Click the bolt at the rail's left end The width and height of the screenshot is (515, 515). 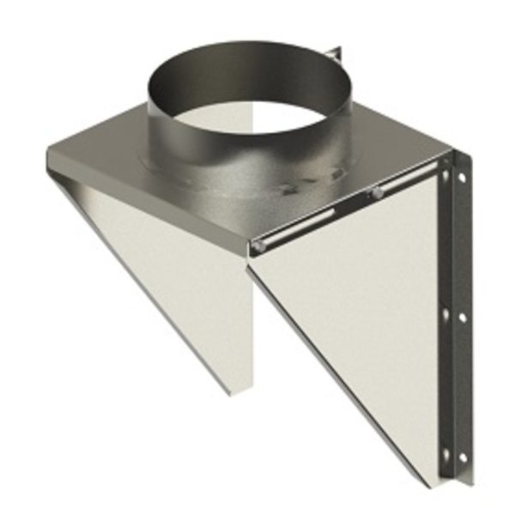pyautogui.click(x=257, y=246)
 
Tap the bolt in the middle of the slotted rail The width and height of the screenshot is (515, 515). pyautogui.click(x=377, y=194)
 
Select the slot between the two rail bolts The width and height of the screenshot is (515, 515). pyautogui.click(x=318, y=221)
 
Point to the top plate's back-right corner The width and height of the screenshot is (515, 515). pyautogui.click(x=446, y=157)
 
